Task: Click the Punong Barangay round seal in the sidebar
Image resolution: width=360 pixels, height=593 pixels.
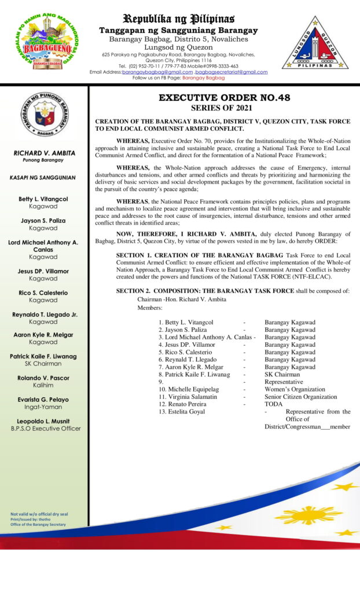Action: [x=45, y=115]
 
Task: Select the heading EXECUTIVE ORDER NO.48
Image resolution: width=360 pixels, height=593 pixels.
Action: [x=225, y=98]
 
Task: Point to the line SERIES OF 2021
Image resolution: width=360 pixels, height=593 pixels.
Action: [x=225, y=108]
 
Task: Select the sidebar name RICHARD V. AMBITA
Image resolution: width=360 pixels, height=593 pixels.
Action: [x=45, y=153]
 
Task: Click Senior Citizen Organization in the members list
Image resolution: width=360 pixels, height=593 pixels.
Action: [x=300, y=397]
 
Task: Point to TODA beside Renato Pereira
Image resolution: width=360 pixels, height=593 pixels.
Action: [x=273, y=404]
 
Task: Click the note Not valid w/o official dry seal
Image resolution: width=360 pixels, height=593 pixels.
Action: [x=39, y=514]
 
